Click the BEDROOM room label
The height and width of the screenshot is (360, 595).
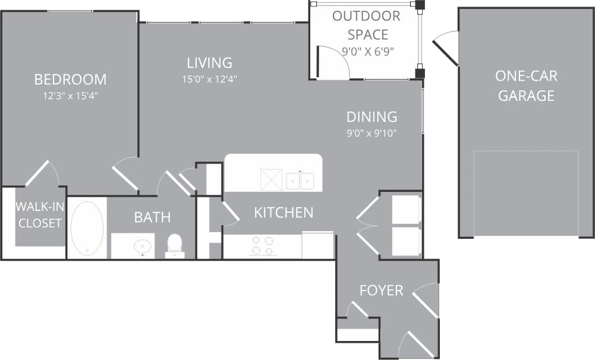click(x=70, y=79)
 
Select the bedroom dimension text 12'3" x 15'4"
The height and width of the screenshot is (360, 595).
click(x=70, y=95)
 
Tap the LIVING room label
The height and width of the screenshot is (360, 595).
click(x=209, y=62)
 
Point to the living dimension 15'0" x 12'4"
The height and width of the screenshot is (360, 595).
click(x=209, y=78)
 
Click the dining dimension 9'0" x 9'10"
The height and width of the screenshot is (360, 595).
click(x=372, y=133)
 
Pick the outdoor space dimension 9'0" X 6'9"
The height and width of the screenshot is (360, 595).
click(x=367, y=51)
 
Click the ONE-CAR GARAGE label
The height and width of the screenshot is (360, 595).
click(x=526, y=86)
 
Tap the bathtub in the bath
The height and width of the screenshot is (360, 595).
click(x=87, y=228)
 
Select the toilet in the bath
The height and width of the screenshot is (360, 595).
click(x=174, y=245)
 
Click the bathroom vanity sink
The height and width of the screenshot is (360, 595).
click(x=142, y=245)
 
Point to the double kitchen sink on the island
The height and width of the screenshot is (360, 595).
click(x=300, y=180)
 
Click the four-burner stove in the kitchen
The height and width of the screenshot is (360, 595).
click(x=262, y=246)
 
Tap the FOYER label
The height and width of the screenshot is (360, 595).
click(x=381, y=290)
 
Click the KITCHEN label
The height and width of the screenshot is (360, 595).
click(x=284, y=212)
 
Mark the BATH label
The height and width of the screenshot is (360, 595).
click(x=152, y=217)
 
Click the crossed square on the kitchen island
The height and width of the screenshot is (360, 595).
click(x=271, y=179)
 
